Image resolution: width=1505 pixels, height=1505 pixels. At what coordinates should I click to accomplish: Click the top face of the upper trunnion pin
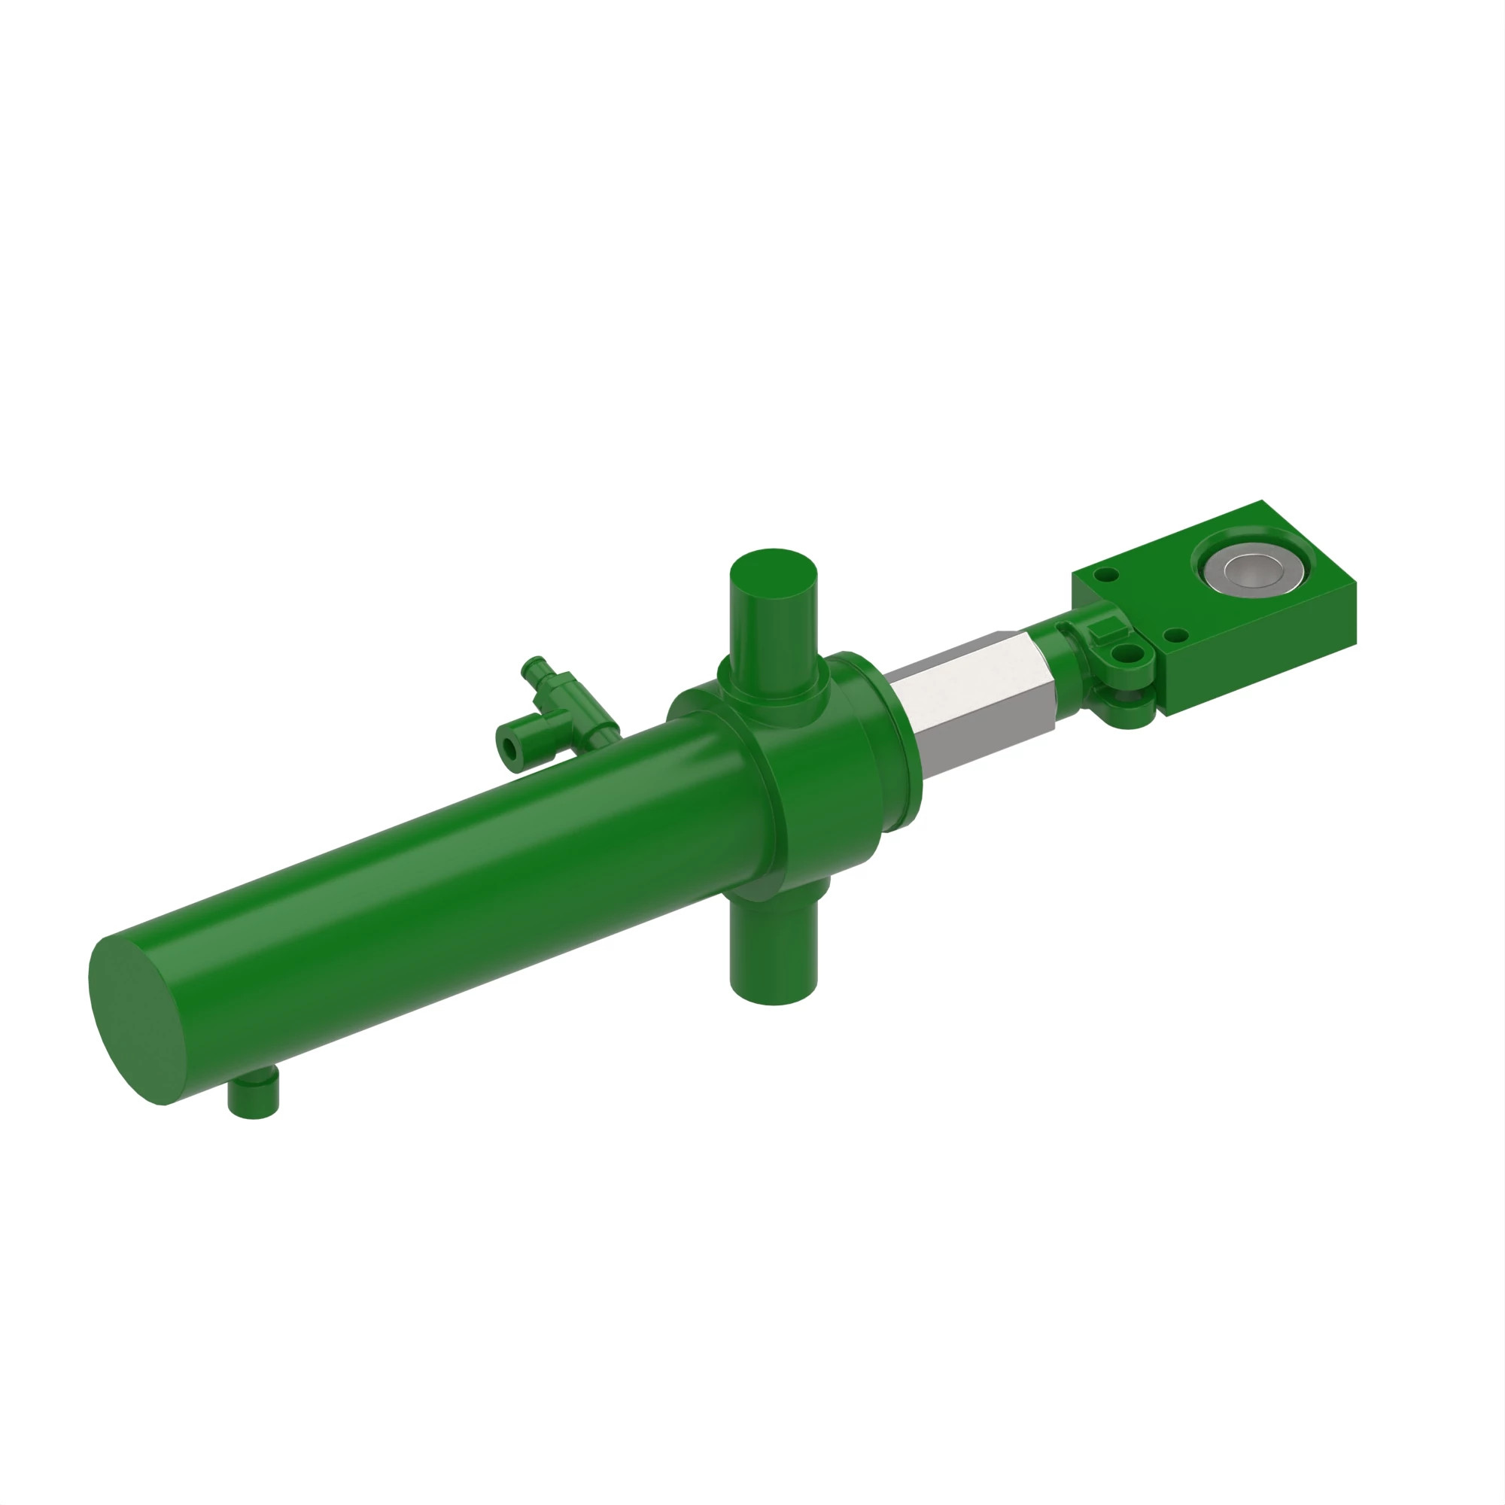pos(772,575)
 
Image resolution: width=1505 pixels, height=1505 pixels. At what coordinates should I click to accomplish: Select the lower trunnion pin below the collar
pos(773,962)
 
